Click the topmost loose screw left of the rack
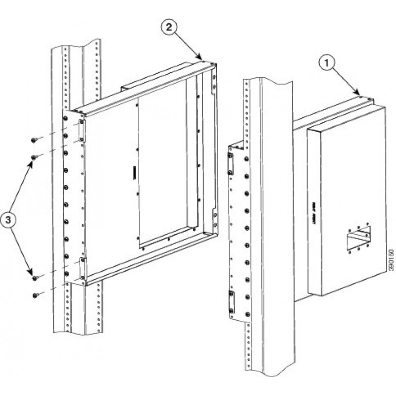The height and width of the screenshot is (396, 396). tap(33, 141)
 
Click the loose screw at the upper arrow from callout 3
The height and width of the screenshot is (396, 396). tap(34, 157)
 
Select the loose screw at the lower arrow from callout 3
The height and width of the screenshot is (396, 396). tap(34, 278)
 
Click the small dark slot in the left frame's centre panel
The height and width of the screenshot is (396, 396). tap(134, 174)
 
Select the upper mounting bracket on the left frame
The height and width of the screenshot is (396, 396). tap(82, 130)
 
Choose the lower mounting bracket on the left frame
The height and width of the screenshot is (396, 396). tap(83, 267)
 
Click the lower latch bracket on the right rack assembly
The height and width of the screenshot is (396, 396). tap(231, 302)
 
